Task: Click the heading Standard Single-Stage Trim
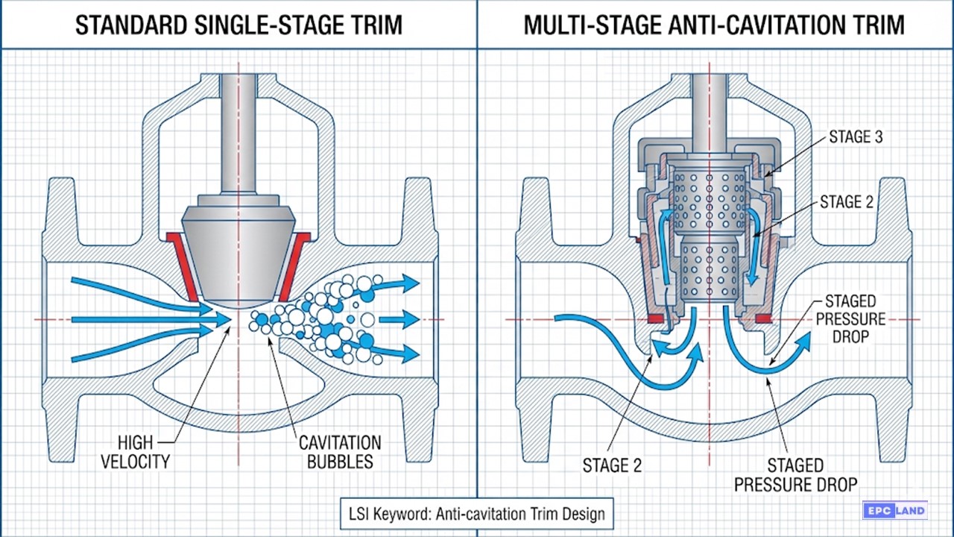point(238,25)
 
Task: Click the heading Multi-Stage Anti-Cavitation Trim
point(714,25)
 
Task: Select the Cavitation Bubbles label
point(340,451)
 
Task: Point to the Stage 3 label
point(861,137)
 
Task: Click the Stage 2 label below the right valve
point(611,465)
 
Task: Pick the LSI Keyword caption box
point(477,514)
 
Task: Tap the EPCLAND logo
point(894,511)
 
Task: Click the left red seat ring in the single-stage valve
point(181,265)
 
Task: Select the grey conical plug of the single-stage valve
point(238,254)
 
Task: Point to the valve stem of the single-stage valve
point(238,134)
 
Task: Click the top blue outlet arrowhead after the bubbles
point(408,283)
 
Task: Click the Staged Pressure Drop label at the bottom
point(795,474)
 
